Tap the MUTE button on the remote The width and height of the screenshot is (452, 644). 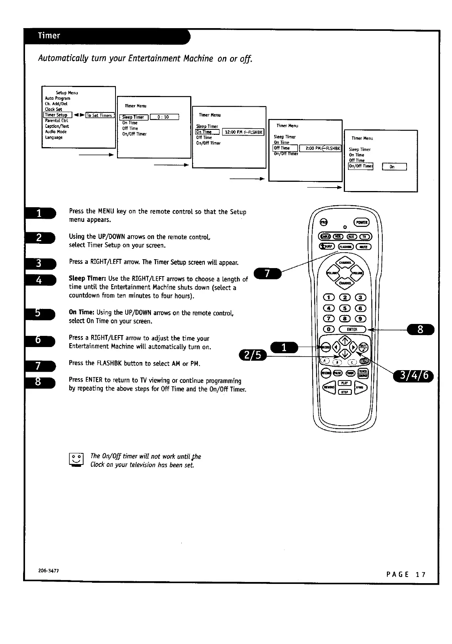pyautogui.click(x=363, y=247)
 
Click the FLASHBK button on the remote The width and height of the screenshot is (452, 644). pyautogui.click(x=346, y=247)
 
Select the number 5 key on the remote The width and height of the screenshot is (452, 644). pyautogui.click(x=344, y=308)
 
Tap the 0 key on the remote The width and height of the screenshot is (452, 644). pyautogui.click(x=328, y=329)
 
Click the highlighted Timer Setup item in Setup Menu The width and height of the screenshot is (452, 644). pyautogui.click(x=57, y=115)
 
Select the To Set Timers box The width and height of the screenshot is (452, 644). pyautogui.click(x=100, y=115)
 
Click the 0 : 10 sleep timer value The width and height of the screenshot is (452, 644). pyautogui.click(x=164, y=117)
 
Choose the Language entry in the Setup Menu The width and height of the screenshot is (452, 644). pyautogui.click(x=54, y=138)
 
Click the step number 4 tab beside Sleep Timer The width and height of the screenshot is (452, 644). pyautogui.click(x=40, y=280)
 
